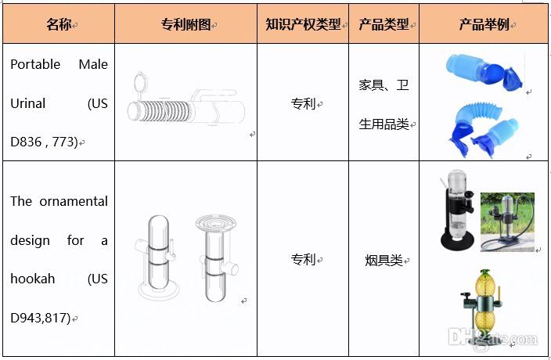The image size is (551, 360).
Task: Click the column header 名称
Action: pos(59,24)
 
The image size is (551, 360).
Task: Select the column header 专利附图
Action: pos(185,24)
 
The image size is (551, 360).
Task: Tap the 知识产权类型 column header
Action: pos(303,24)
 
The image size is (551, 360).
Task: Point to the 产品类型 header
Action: pos(384,24)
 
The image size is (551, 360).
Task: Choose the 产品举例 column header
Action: pos(484,24)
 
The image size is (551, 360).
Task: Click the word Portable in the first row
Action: pos(35,65)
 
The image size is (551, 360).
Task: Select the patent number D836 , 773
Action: pos(44,142)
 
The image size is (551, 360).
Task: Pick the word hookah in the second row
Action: pos(32,279)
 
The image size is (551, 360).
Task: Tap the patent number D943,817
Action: pos(41,318)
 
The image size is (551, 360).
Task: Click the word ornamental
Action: pos(74,202)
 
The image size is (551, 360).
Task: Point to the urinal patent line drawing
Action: pos(186,99)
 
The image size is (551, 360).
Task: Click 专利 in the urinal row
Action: pos(303,103)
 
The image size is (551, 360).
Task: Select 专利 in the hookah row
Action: pos(303,260)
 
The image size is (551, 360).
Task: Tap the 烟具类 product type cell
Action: pos(384,261)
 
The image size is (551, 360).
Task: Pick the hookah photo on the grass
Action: pos(507,222)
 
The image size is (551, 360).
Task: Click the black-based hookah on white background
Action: pos(457,210)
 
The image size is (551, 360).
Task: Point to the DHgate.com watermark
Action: pos(493,338)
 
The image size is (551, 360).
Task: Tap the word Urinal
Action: pos(27,103)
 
